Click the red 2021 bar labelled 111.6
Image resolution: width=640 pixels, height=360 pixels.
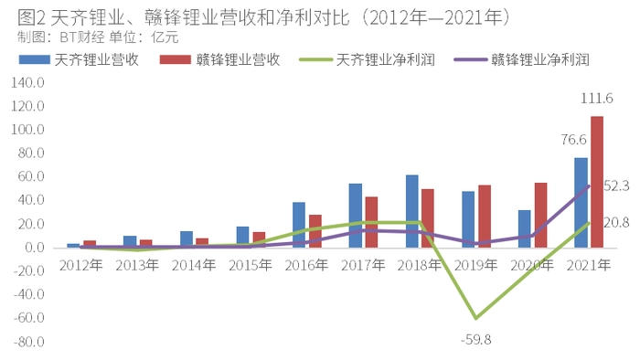coord(597,182)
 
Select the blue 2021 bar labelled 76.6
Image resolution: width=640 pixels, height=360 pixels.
coord(581,203)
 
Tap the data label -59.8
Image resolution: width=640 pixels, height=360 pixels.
coord(475,339)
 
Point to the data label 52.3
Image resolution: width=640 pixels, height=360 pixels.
coord(616,186)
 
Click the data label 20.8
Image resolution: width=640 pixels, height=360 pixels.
coord(616,223)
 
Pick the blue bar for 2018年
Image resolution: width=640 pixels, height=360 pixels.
coord(411,211)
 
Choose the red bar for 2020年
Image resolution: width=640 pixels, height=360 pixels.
coord(540,216)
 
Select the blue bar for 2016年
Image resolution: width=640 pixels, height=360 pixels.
coord(299,225)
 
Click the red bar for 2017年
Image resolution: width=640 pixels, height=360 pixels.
coord(371,222)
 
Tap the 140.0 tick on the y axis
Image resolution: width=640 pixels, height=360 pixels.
coord(27,82)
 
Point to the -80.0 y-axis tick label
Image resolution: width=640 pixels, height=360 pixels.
coord(28,342)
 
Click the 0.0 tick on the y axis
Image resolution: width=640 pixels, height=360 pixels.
coord(35,248)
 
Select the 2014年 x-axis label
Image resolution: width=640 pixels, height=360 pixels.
coord(194,265)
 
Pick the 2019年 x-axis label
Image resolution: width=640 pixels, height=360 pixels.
coord(475,265)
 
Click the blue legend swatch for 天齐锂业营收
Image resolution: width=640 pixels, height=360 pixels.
coord(35,60)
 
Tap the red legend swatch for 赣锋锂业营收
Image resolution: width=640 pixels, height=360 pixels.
coord(176,60)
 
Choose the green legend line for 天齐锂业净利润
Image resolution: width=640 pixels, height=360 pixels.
coord(315,60)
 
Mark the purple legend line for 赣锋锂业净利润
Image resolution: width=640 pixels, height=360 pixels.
coord(470,60)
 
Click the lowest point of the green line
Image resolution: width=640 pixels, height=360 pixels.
coord(475,318)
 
